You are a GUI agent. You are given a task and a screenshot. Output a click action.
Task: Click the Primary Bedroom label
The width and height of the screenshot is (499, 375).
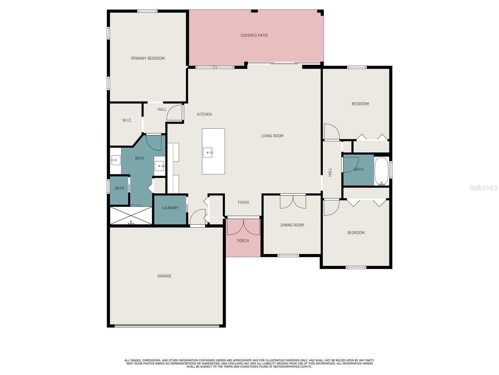[x=148, y=58]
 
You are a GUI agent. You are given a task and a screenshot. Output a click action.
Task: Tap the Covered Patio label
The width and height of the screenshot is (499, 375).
[x=254, y=35]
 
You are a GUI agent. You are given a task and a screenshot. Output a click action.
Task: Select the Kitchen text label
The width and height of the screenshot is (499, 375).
[x=204, y=114]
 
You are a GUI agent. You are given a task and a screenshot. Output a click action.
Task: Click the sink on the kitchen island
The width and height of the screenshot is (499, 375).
[x=208, y=152]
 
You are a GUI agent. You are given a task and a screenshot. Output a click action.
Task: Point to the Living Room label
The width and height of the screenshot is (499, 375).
[x=272, y=136]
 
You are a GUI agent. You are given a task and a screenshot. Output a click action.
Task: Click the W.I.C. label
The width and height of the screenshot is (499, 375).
[x=127, y=120]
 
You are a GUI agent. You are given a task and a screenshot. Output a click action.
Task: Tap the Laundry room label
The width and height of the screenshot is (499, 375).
[x=170, y=207]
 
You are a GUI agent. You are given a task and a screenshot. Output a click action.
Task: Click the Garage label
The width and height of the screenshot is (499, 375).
[x=164, y=276]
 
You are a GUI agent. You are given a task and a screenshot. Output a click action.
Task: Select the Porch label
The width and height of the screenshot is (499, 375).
[x=243, y=241]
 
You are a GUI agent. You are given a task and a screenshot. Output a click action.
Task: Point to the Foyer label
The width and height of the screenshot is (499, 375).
[x=243, y=202]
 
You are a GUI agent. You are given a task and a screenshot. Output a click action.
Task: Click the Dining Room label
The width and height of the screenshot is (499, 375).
[x=292, y=225]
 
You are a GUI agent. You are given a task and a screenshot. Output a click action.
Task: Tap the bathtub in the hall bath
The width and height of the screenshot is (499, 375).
[x=381, y=171]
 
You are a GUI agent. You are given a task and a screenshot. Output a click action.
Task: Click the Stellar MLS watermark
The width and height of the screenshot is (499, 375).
[x=483, y=187]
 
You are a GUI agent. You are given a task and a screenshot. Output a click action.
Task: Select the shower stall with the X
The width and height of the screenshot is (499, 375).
[x=131, y=215]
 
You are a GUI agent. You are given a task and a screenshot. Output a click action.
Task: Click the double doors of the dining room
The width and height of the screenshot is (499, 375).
[x=293, y=202]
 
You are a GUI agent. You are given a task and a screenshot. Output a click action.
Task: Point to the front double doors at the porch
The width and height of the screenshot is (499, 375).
[x=244, y=226]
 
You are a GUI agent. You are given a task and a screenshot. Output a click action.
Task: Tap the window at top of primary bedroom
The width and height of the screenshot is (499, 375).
[x=147, y=11]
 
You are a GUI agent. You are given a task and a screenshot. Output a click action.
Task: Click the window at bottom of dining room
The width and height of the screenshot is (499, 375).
[x=288, y=255]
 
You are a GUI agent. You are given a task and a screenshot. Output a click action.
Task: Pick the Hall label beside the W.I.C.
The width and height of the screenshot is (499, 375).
[x=162, y=109]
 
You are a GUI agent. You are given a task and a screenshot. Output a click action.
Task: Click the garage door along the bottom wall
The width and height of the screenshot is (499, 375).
[x=167, y=326]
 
